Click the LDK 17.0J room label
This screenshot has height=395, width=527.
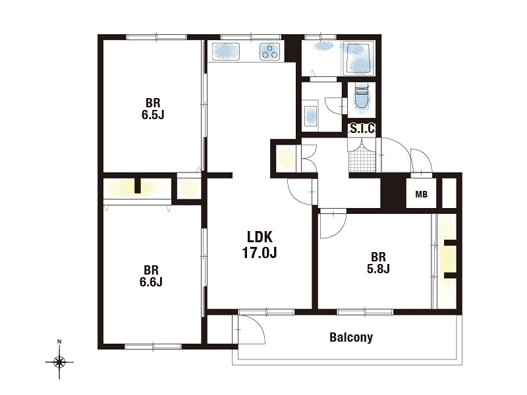coord(259,245)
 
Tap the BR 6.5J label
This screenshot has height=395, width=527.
coord(153,109)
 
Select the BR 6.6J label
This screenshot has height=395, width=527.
coord(151,276)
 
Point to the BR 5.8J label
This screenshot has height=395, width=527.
coord(378,263)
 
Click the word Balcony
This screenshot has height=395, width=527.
coord(351,337)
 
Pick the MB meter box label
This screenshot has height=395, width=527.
coord(421,194)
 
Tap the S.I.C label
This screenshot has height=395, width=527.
coord(362,128)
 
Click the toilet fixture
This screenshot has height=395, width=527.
coord(362,97)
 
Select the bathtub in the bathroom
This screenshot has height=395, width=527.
coord(358,58)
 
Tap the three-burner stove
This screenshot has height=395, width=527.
coord(269,52)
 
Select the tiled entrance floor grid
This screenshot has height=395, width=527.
coord(362,161)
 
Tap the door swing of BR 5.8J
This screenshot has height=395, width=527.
coord(333,226)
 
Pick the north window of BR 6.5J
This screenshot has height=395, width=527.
coord(156,37)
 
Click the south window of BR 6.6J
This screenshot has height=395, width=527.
coord(153,346)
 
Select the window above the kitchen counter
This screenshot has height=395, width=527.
coord(251,37)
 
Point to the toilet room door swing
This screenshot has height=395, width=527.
coord(335,105)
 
